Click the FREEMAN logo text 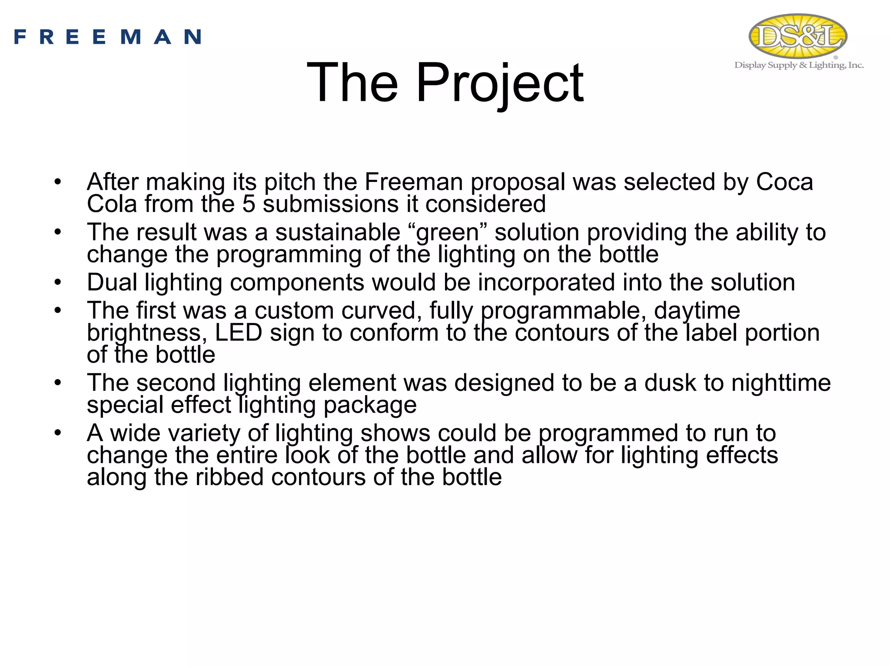click(x=107, y=37)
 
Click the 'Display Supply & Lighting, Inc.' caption click(x=799, y=66)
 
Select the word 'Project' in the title click(x=500, y=83)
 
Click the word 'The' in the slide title click(x=352, y=83)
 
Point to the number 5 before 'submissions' click(x=249, y=204)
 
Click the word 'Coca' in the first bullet click(x=784, y=182)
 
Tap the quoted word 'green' click(x=448, y=232)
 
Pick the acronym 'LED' click(x=239, y=333)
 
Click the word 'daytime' click(x=697, y=310)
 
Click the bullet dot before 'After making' click(x=58, y=182)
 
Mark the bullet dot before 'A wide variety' click(x=58, y=433)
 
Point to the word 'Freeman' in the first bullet click(x=414, y=182)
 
